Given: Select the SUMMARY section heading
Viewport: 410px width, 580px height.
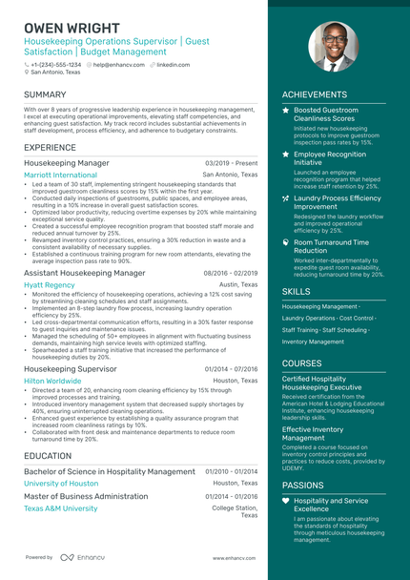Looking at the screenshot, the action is (x=45, y=95).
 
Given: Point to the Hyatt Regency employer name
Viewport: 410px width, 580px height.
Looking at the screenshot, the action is (x=49, y=284).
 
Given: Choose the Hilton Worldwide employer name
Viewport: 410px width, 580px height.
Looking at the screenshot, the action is (x=52, y=380).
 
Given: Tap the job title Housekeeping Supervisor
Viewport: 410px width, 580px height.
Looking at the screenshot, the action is (x=70, y=368).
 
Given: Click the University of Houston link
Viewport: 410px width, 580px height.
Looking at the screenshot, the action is (x=61, y=483).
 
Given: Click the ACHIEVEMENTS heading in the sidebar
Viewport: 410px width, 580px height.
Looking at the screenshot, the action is (x=315, y=95).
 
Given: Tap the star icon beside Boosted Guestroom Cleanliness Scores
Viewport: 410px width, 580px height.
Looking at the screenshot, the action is (x=286, y=111).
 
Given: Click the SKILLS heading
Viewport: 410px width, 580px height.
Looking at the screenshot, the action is (x=297, y=292).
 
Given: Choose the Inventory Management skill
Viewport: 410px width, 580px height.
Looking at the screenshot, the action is (x=313, y=342).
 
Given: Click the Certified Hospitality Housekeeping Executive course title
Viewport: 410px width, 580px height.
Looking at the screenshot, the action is (x=322, y=383).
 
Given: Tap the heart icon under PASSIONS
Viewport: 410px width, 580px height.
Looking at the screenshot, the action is (x=286, y=500).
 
